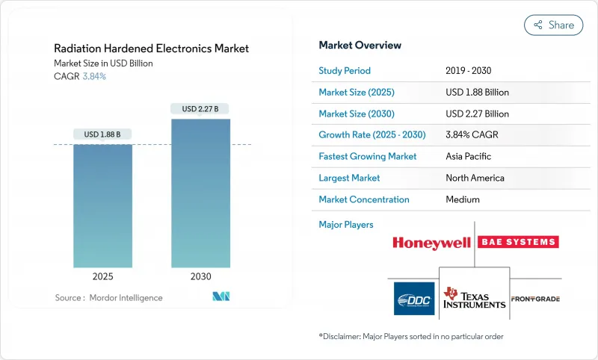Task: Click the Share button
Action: (553, 25)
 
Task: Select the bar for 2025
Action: (102, 205)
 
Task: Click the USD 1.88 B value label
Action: (102, 134)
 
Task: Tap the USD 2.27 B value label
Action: (200, 109)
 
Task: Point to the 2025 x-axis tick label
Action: (102, 276)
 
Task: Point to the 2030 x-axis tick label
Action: (200, 276)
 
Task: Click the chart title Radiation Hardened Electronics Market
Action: (152, 49)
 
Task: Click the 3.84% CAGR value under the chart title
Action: (93, 76)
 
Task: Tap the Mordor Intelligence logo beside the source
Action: (221, 297)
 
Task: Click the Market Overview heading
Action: (360, 46)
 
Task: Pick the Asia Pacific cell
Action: (468, 157)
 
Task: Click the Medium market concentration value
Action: (462, 199)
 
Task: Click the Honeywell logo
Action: (433, 243)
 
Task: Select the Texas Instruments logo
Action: (474, 298)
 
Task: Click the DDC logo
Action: (414, 299)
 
